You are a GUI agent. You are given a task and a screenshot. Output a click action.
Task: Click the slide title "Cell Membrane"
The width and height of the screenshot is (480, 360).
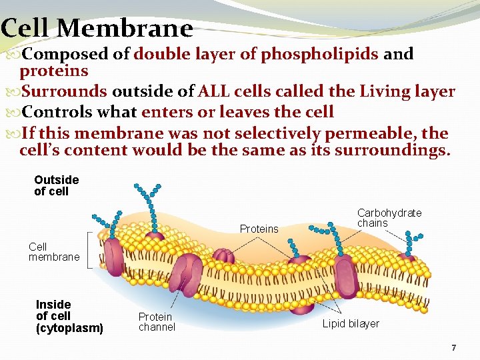[97, 28]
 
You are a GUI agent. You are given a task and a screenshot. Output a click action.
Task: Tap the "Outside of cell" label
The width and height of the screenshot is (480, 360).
[56, 185]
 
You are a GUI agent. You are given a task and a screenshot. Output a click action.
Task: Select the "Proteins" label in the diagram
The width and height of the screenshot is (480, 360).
[259, 229]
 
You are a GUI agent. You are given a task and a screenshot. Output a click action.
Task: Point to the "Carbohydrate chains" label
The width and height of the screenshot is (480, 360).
[389, 218]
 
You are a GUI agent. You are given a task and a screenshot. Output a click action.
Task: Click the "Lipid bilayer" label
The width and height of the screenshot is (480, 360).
[351, 324]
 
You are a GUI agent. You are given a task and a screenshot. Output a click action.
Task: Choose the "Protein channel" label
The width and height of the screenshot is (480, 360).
[157, 321]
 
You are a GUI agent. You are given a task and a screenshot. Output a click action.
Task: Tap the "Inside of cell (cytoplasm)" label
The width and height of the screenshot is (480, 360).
[69, 316]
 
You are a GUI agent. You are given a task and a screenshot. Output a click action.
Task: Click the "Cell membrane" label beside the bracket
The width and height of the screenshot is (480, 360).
[53, 251]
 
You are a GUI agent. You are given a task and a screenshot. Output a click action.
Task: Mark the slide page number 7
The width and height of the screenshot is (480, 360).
[453, 348]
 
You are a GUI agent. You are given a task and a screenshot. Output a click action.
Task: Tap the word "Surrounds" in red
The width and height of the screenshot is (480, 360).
[64, 91]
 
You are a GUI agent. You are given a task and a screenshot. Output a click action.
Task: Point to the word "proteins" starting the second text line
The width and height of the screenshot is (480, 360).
[54, 71]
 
